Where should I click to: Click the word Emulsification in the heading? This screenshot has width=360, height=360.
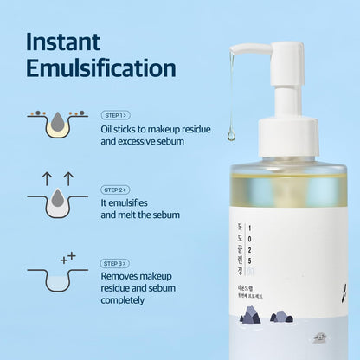click(x=101, y=69)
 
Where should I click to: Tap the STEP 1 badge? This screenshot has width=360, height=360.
click(x=114, y=115)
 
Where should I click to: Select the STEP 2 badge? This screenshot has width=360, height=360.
click(x=114, y=190)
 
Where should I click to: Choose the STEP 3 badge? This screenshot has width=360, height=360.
click(x=114, y=263)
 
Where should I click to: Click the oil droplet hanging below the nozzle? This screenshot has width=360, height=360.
click(x=232, y=134)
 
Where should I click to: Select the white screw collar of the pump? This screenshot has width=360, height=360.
click(x=287, y=138)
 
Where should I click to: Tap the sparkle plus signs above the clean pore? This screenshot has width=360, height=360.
click(x=66, y=257)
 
